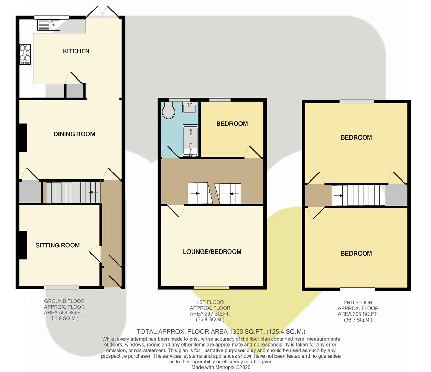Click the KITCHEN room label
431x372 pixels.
click(x=76, y=51)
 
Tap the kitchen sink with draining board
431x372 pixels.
click(x=49, y=25)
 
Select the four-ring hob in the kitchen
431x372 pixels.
click(x=25, y=54)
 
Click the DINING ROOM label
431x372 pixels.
click(x=74, y=134)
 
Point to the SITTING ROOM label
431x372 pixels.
click(x=57, y=245)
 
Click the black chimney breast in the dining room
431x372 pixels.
click(x=23, y=137)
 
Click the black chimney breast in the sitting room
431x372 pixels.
click(x=23, y=245)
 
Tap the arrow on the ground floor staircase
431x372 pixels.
click(x=94, y=192)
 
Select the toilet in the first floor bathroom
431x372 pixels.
click(x=169, y=110)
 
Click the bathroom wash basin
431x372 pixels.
click(x=189, y=107)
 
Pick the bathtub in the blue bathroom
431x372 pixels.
click(x=190, y=141)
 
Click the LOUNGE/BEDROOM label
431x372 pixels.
click(x=212, y=252)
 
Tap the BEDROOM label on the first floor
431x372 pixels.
click(x=232, y=124)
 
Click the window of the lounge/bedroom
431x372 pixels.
click(x=212, y=288)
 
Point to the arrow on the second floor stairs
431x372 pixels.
click(x=338, y=196)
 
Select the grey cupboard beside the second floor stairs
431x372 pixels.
click(x=396, y=195)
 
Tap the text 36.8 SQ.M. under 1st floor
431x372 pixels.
click(x=210, y=319)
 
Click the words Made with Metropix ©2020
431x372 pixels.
click(x=221, y=367)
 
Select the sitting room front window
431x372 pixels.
click(x=62, y=288)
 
